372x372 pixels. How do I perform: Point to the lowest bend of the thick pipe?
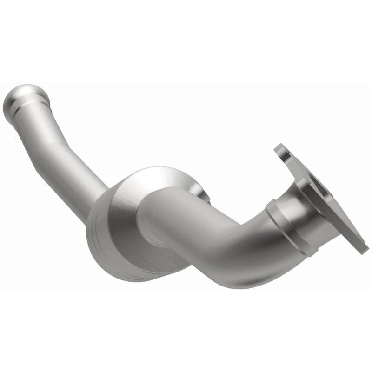[209, 274]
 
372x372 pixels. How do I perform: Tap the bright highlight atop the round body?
[153, 174]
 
